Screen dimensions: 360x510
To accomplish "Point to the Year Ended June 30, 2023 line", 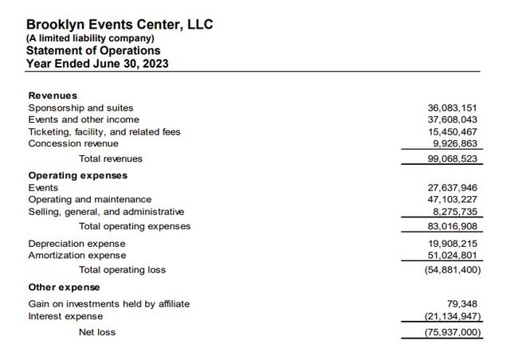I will click(x=96, y=64).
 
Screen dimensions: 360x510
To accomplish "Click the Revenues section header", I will click(x=53, y=96).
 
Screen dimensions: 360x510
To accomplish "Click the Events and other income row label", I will click(x=83, y=119).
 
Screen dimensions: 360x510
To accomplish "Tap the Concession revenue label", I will click(x=73, y=143).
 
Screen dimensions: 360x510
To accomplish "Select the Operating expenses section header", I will click(x=77, y=175).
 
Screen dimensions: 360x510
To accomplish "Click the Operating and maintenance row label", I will click(x=89, y=199).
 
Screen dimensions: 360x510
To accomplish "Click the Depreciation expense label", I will click(x=76, y=244).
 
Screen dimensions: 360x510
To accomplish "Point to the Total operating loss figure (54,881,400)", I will click(x=453, y=270).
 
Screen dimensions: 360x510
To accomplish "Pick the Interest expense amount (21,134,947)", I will click(x=453, y=316).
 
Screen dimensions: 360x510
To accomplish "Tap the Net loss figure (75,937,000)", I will click(x=453, y=332).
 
